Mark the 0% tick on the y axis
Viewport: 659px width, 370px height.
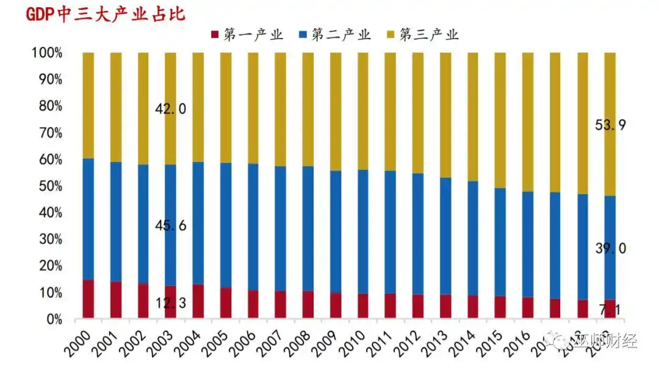pos(51,319)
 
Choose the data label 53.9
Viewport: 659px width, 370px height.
pos(610,126)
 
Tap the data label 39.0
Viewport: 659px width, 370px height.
pos(610,248)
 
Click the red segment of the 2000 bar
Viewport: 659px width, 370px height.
pos(88,299)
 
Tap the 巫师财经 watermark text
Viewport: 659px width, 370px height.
pos(608,341)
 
